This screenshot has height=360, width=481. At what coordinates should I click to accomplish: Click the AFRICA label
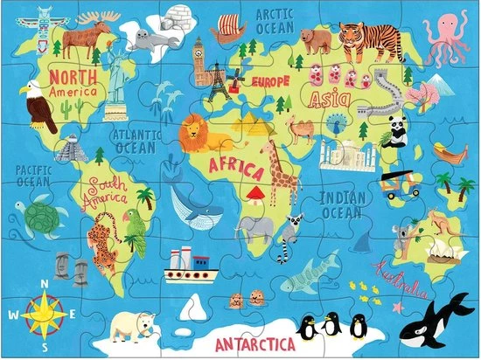click(235, 164)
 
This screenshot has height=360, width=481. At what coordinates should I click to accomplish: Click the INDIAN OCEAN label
click(341, 207)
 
